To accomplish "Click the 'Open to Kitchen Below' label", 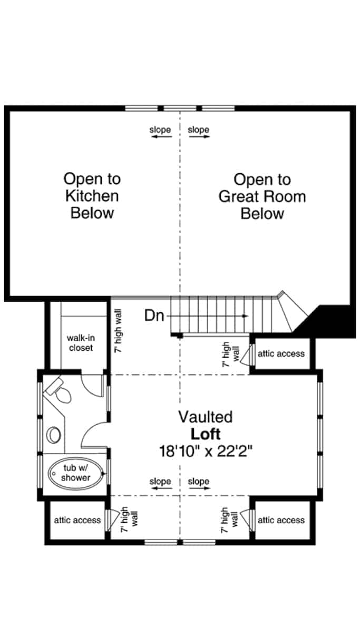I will coord(92,196).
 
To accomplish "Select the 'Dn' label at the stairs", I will coord(155,316).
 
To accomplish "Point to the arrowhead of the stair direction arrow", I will coord(246,316).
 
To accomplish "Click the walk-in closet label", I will coord(80,342).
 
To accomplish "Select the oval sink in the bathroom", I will coord(53,435).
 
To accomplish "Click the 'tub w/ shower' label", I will coord(75,473).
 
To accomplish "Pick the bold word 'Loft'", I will coord(205,434).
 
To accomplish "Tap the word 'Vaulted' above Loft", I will coord(205,417).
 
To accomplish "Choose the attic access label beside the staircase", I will coord(281,353).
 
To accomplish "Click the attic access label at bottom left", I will coord(77,520).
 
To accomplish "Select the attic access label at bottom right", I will coord(281,520).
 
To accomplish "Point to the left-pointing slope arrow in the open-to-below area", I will coord(160,137).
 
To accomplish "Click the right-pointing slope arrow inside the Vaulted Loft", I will coord(199,488).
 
